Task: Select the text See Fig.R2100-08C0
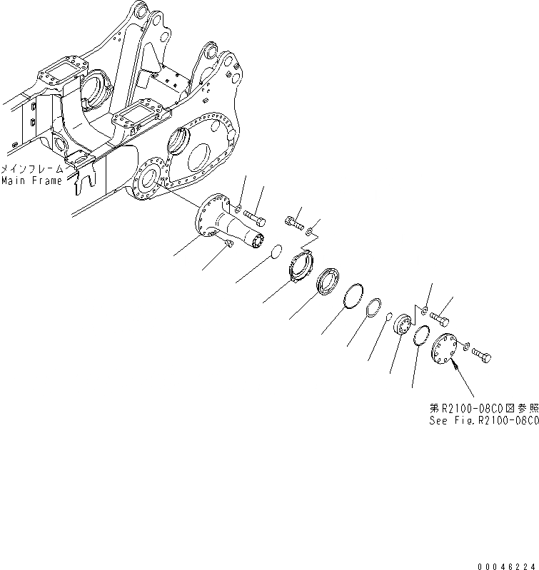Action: [x=483, y=421]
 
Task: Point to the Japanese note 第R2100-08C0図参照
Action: [x=483, y=409]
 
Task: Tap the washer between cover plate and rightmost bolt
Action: [x=465, y=347]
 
